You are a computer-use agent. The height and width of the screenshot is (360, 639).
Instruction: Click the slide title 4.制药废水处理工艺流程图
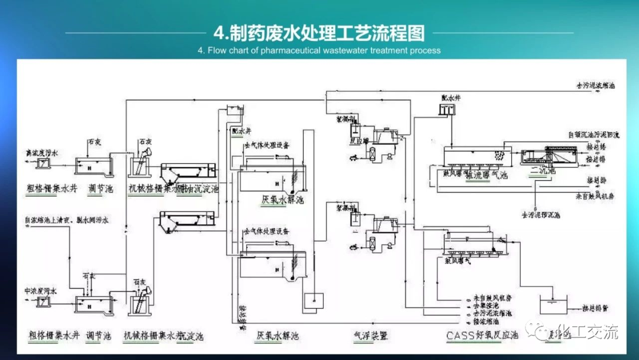click(x=319, y=31)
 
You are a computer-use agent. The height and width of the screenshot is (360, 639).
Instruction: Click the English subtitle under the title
click(x=319, y=50)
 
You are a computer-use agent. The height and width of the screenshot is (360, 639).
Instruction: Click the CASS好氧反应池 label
click(x=483, y=336)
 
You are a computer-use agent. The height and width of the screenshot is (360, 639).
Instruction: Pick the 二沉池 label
click(x=543, y=172)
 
